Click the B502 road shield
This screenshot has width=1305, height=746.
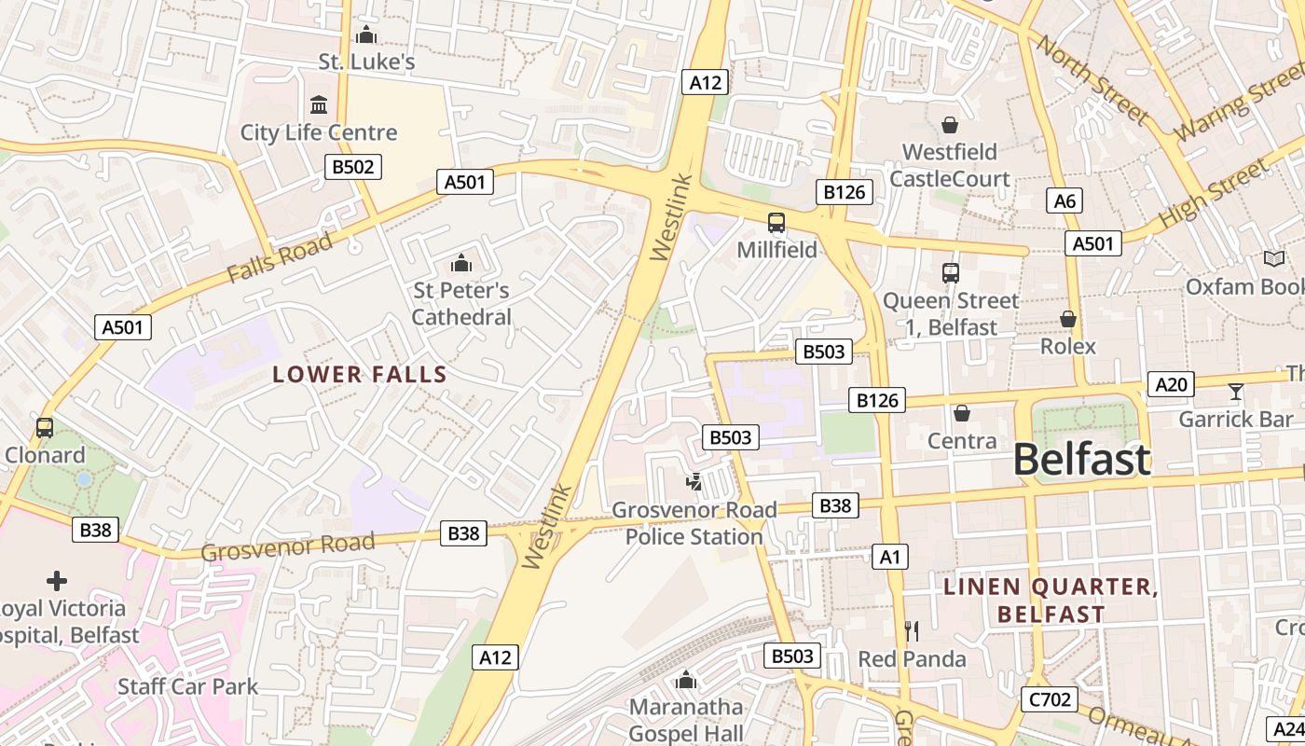click(x=353, y=167)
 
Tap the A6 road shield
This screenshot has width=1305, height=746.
click(x=1064, y=200)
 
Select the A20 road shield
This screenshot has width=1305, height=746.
click(x=1171, y=384)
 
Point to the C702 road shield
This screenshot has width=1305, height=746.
click(x=1050, y=699)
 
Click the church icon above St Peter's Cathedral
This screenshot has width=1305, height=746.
click(x=460, y=264)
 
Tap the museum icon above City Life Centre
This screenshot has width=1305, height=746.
click(x=319, y=104)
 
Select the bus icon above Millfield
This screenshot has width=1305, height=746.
click(x=776, y=222)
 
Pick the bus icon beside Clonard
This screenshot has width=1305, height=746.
click(x=44, y=428)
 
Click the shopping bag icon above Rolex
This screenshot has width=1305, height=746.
click(x=1068, y=319)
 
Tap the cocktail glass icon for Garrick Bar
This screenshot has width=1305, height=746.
click(x=1236, y=392)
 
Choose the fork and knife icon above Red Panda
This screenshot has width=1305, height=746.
click(x=911, y=631)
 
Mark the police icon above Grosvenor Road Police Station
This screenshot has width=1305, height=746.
click(x=694, y=482)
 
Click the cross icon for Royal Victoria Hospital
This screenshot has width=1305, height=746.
click(x=57, y=581)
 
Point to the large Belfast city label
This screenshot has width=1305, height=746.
click(x=1081, y=461)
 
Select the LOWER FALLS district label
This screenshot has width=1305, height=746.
click(x=360, y=375)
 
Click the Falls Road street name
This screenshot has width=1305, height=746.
click(x=279, y=258)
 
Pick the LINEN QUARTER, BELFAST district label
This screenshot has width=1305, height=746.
click(x=1051, y=601)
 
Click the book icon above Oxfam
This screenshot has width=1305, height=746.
click(x=1273, y=258)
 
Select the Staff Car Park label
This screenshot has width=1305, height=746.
click(x=187, y=687)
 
